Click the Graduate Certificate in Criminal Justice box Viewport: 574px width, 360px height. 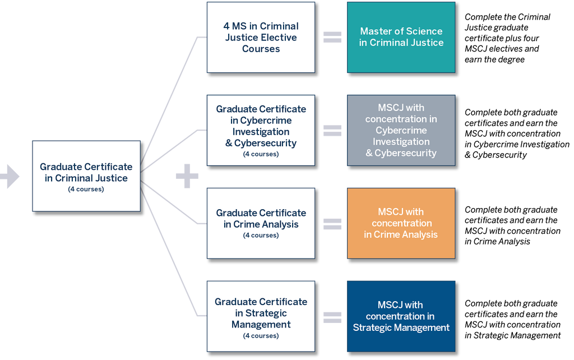click(x=86, y=176)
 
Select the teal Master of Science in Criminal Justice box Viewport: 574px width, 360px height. click(x=401, y=37)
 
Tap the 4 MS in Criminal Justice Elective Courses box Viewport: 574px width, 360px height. click(x=261, y=37)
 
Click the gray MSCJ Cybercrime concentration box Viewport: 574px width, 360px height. click(x=401, y=130)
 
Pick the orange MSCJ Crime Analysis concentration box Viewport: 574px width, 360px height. click(x=401, y=223)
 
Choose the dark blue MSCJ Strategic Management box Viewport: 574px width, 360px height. click(x=401, y=316)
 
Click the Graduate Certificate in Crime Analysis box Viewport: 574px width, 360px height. click(x=261, y=223)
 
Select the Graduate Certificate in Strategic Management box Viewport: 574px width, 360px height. click(x=261, y=316)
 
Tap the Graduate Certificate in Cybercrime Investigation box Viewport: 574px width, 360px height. click(x=261, y=130)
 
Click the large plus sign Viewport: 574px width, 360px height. click(x=187, y=176)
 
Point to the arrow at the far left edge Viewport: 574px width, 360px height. click(x=10, y=176)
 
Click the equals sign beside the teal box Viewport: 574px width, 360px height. click(x=332, y=37)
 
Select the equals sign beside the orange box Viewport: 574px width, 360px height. click(x=332, y=223)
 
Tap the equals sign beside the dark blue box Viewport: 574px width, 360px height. click(x=332, y=316)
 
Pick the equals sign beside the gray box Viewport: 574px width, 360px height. click(x=332, y=130)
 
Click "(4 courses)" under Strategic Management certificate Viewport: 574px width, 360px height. click(x=261, y=336)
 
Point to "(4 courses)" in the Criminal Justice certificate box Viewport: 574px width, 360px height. click(x=86, y=189)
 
